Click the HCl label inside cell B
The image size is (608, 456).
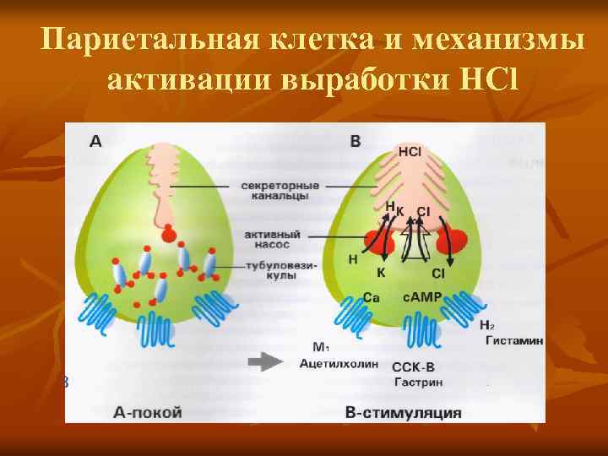410,152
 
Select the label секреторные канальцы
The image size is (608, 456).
280,190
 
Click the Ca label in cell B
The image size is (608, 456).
371,297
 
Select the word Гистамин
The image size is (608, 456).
513,340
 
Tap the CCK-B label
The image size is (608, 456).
415,368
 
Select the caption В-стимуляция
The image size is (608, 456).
404,412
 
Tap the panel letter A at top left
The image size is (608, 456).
95,142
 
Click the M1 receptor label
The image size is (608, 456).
321,347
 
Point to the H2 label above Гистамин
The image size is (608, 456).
486,325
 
